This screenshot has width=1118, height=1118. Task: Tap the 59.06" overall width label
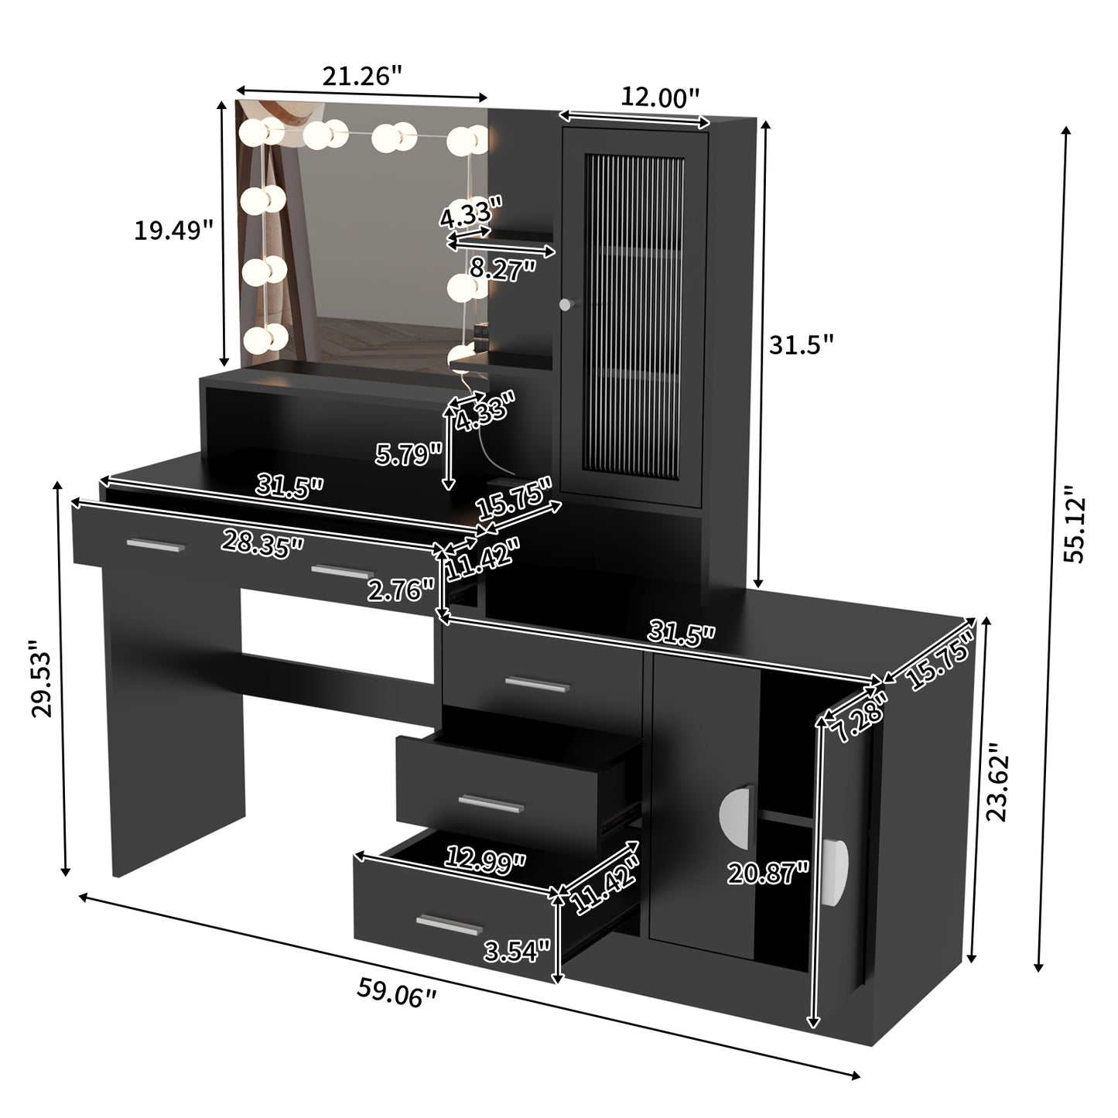tap(396, 992)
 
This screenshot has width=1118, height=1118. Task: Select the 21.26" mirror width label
tap(362, 76)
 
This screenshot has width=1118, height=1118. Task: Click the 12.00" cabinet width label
tap(660, 97)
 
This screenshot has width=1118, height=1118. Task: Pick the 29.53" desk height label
tap(42, 679)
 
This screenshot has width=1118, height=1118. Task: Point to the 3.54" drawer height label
tap(516, 949)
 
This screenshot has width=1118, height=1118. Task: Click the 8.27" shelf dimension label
tap(503, 268)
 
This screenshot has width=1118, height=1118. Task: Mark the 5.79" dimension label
tap(409, 454)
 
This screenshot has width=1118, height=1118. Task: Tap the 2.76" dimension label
tap(400, 591)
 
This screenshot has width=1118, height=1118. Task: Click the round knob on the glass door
tap(567, 304)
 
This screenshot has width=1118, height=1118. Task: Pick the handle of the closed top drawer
tap(537, 683)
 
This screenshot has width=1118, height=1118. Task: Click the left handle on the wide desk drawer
tap(156, 546)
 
